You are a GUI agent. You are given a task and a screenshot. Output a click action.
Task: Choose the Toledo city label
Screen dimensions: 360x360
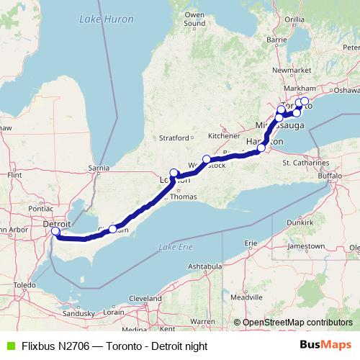[x=23, y=285]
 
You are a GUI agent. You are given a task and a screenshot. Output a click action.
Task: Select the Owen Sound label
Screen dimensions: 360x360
[x=194, y=19]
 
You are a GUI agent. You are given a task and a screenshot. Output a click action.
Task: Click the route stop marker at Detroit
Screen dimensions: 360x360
[x=55, y=231]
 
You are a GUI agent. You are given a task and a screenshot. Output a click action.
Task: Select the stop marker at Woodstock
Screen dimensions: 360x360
[x=207, y=159]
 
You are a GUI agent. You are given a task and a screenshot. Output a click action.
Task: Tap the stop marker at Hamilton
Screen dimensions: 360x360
[x=262, y=148]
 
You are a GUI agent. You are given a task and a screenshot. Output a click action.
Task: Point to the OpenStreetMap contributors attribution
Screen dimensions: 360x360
[x=297, y=323]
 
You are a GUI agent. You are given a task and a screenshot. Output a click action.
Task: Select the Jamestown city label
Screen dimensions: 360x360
[x=305, y=246]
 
